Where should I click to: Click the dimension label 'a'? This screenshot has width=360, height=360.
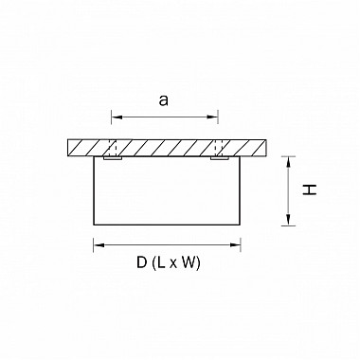(164, 100)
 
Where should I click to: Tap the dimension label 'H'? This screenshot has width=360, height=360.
(310, 189)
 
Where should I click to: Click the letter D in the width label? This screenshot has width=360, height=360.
(142, 262)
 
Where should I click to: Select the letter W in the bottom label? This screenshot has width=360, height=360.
(187, 262)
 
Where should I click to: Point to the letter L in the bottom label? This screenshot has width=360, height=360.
(161, 262)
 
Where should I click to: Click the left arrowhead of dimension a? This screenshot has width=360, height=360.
(117, 117)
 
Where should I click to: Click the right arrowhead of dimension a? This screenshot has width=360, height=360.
(212, 117)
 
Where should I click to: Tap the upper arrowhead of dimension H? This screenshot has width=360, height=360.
(288, 162)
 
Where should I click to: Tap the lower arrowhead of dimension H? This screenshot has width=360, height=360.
(288, 220)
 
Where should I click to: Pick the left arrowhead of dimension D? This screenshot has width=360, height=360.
(99, 245)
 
